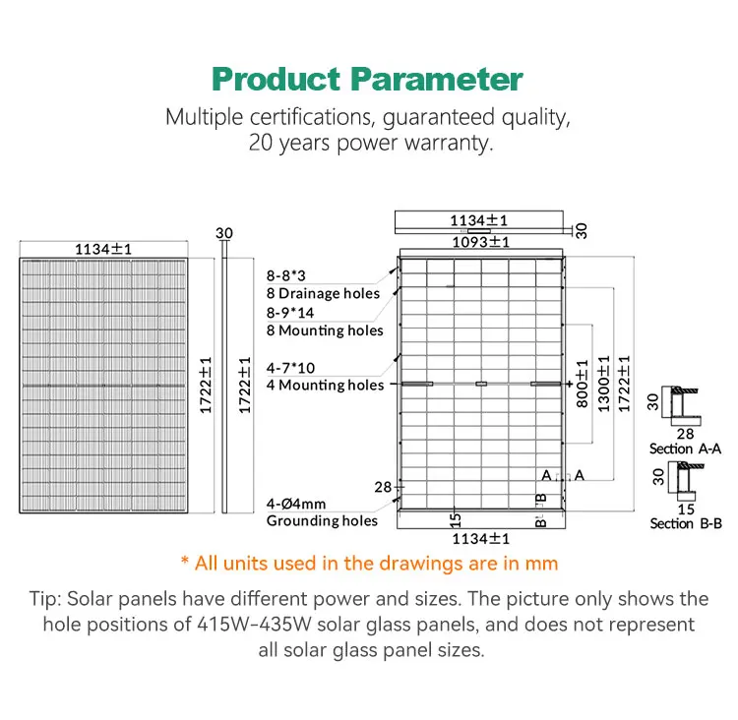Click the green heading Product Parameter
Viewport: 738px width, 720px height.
(x=368, y=79)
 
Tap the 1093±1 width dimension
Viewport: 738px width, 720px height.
(x=480, y=241)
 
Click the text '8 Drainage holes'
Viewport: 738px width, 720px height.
(x=323, y=293)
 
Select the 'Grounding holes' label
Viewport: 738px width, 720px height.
(x=322, y=520)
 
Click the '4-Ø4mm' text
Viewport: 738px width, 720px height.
(x=295, y=503)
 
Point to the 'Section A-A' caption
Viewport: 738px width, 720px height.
(x=686, y=449)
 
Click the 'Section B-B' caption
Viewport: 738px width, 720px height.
(x=686, y=523)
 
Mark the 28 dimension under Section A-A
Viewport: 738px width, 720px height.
(x=686, y=433)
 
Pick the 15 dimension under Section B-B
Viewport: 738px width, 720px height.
(x=686, y=509)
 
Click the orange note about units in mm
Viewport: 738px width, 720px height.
(x=369, y=564)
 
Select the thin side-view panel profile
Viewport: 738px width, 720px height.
(x=223, y=384)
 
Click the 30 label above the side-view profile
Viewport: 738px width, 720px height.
(x=223, y=233)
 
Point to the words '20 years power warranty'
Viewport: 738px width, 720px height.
(x=368, y=143)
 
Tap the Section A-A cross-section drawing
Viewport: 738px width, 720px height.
(x=681, y=400)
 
